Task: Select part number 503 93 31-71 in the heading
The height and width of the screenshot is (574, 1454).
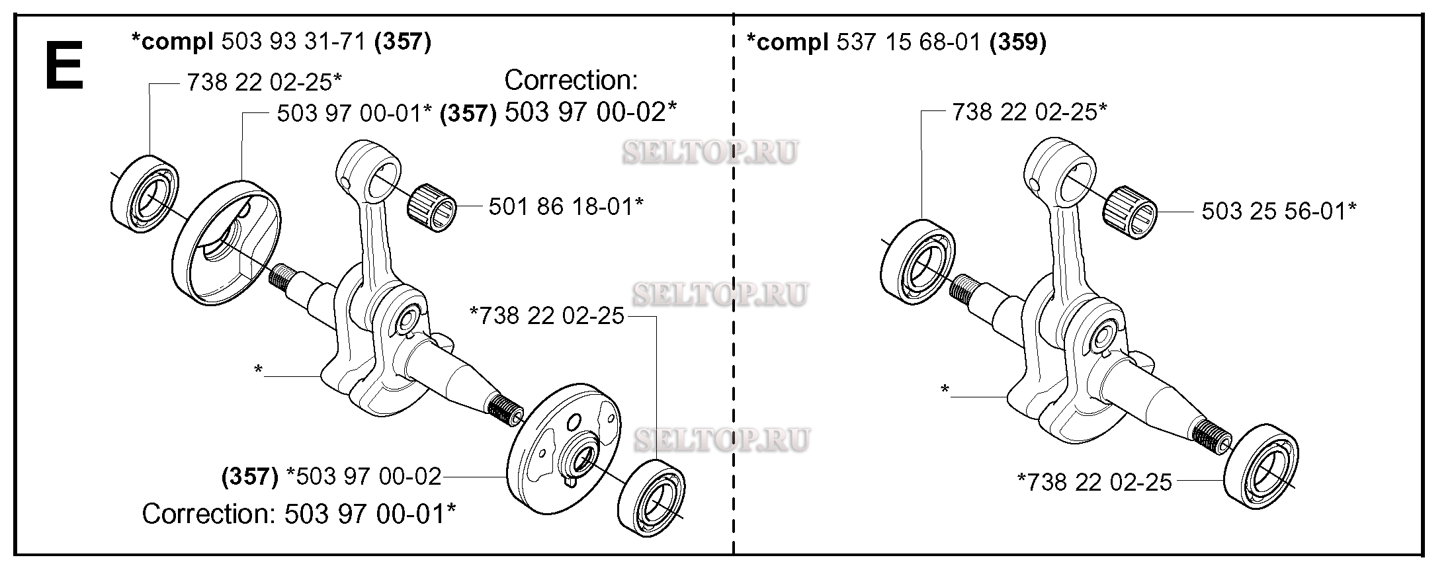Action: [293, 42]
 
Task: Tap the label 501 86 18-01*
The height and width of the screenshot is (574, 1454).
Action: [566, 206]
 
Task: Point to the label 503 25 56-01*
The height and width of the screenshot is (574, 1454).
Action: [1279, 211]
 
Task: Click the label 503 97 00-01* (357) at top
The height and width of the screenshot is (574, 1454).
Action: [386, 113]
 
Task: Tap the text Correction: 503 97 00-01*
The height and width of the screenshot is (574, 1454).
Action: [299, 514]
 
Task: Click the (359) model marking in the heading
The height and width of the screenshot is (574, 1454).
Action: [1018, 42]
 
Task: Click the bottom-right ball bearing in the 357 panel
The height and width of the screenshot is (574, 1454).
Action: [654, 499]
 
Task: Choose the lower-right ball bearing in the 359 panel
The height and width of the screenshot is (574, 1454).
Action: [1262, 467]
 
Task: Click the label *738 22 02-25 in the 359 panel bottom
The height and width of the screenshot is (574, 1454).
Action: [1094, 482]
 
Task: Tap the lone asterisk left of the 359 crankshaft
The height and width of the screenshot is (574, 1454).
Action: [945, 390]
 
